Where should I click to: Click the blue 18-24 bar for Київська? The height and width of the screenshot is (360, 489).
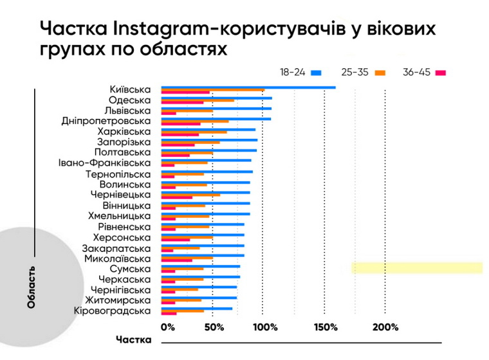[x=248, y=87]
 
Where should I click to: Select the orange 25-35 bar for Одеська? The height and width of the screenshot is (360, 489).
[x=198, y=101]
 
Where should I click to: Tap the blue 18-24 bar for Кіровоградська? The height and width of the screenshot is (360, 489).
[x=196, y=309]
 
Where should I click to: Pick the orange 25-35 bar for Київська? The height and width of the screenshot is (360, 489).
[x=212, y=90]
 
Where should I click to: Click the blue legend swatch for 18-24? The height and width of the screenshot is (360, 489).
[x=315, y=73]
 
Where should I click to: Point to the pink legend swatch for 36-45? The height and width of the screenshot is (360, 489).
[x=441, y=73]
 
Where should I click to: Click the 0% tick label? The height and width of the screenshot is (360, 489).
[x=167, y=327]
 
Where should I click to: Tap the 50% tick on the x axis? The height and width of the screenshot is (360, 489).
[x=214, y=327]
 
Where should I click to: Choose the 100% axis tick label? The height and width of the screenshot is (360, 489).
[x=265, y=327]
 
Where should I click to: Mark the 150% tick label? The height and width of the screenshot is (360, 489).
[x=326, y=327]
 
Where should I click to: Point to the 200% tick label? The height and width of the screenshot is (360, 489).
[x=385, y=327]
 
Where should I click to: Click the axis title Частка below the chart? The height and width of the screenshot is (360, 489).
[x=134, y=339]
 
